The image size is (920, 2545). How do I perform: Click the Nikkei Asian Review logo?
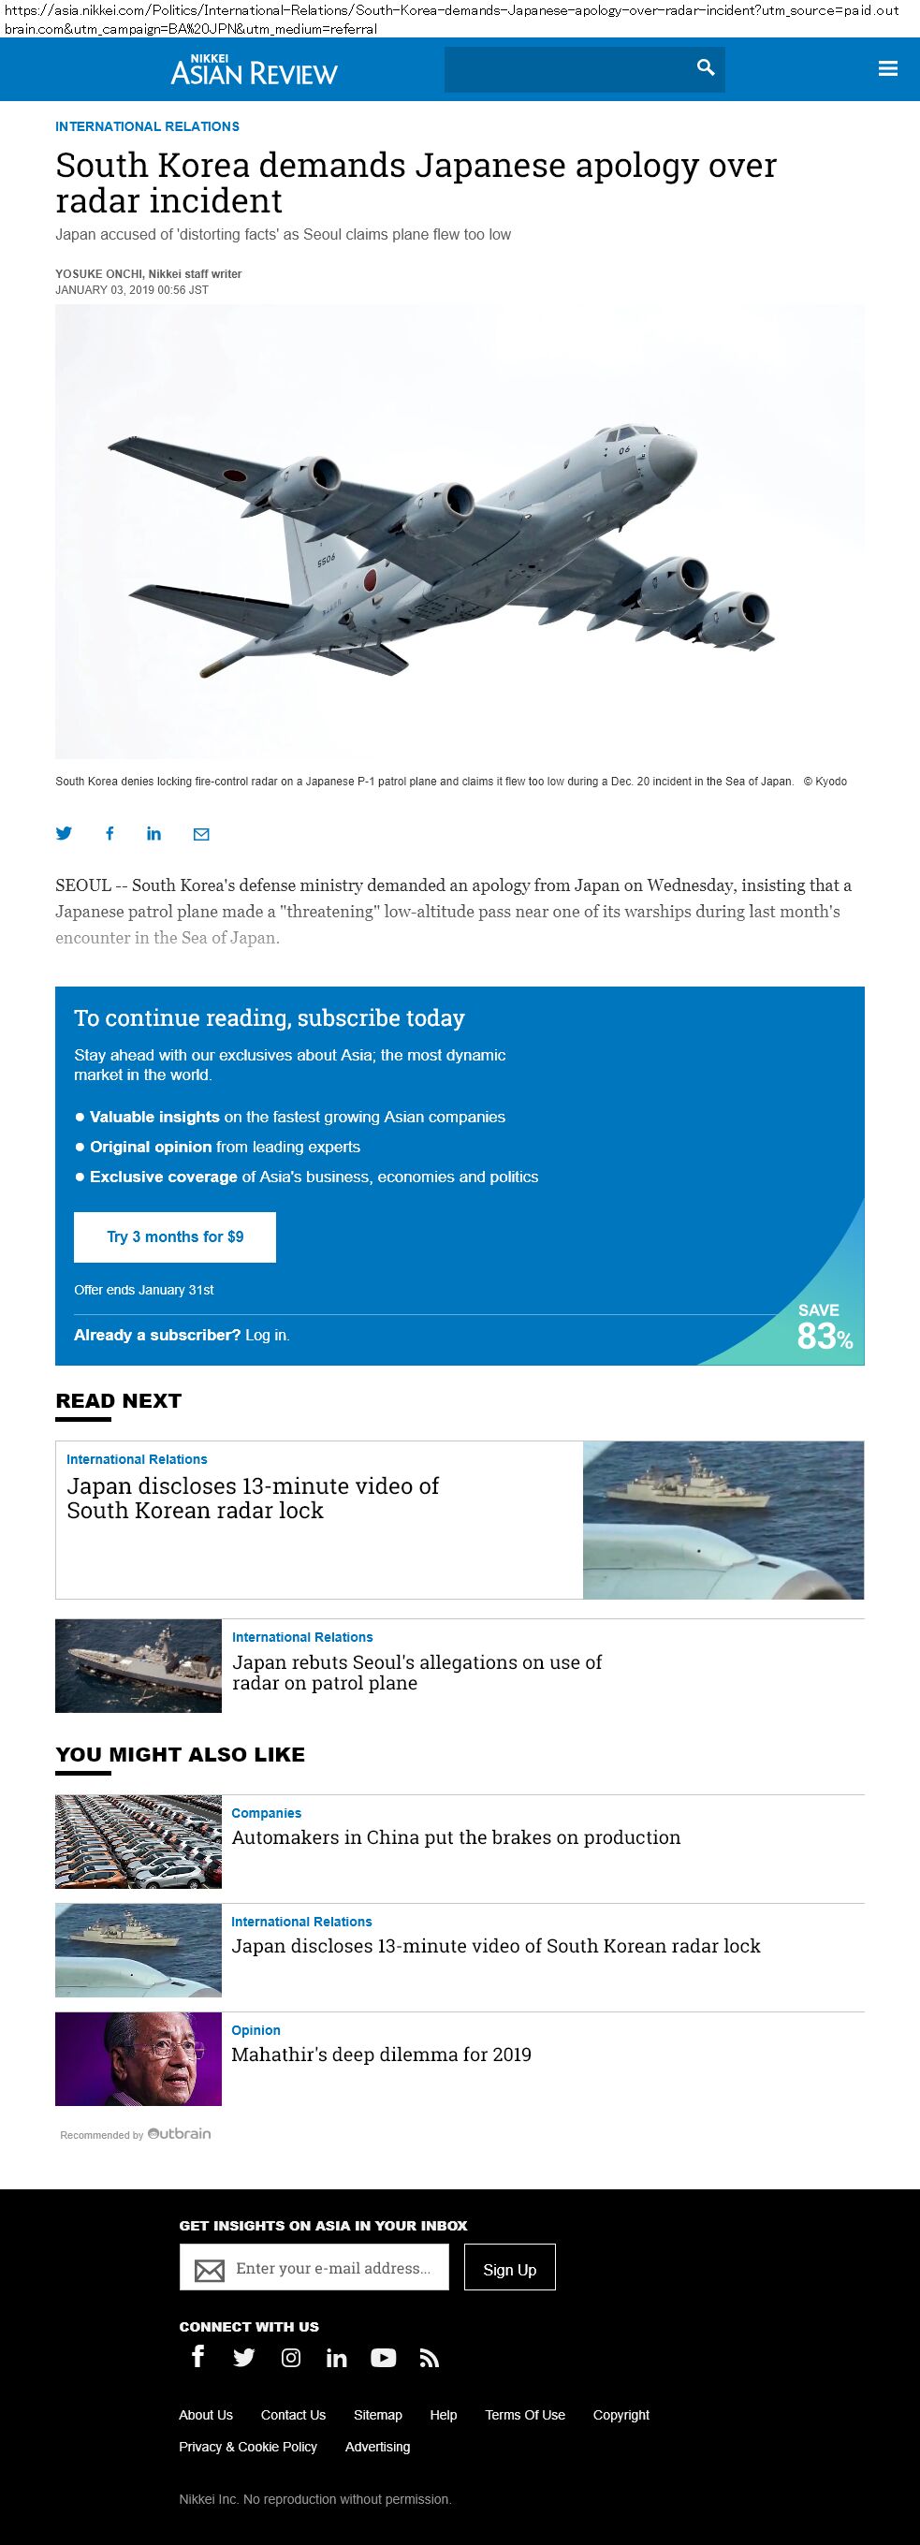click(254, 70)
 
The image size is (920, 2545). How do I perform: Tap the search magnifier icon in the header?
click(706, 67)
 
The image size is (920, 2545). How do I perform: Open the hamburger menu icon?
click(887, 68)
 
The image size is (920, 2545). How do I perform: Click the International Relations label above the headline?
click(147, 126)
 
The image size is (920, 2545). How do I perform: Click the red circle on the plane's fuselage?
click(372, 579)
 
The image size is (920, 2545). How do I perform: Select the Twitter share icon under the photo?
click(65, 834)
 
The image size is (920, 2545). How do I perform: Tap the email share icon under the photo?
click(201, 834)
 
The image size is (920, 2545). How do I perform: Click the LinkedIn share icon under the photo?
click(154, 834)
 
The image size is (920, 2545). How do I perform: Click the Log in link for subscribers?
click(267, 1336)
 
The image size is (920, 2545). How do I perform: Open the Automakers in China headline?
click(456, 1837)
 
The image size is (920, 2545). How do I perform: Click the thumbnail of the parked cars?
click(139, 1841)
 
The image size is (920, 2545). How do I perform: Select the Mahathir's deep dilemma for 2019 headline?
click(381, 2055)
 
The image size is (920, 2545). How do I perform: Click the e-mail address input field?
click(333, 2268)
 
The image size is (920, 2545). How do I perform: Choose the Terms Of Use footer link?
click(525, 2415)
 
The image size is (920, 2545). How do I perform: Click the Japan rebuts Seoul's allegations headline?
click(416, 1673)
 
